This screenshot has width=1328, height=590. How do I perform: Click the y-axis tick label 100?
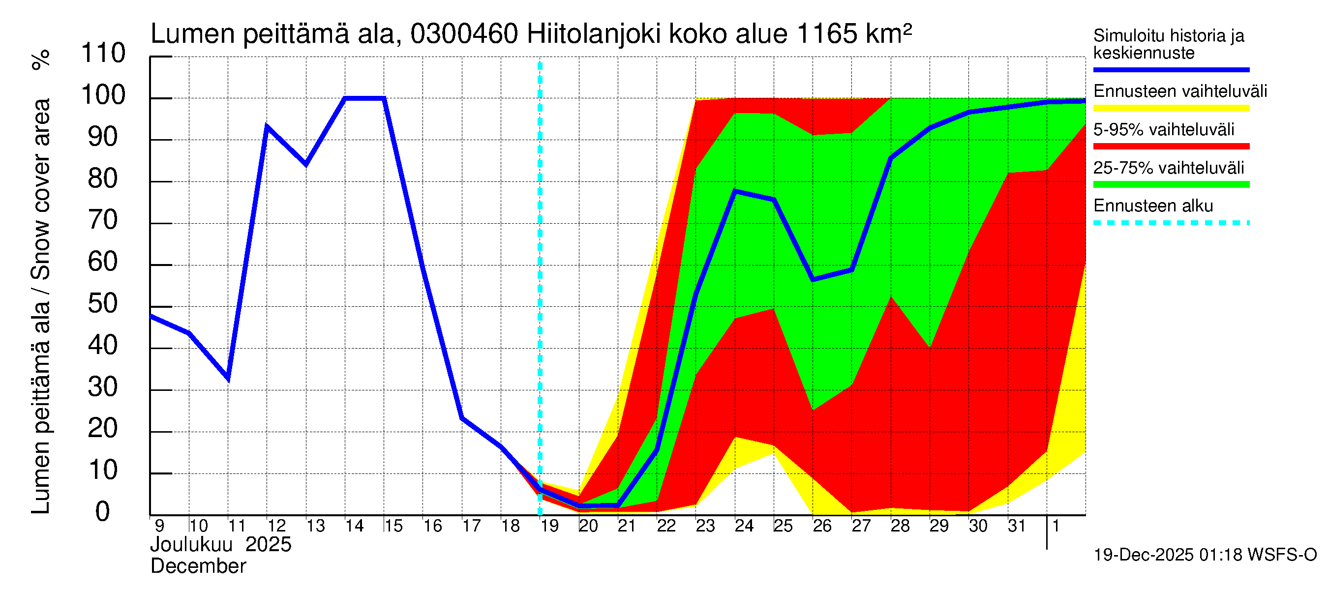[103, 95]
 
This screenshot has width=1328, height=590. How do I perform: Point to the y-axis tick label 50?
[103, 304]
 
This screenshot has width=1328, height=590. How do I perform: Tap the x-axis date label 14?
[354, 526]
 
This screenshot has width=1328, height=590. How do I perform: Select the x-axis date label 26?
[822, 526]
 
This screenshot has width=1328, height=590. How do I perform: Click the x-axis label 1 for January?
[1056, 526]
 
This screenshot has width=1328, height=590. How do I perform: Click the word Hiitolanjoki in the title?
[593, 34]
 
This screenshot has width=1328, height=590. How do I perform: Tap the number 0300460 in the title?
[464, 34]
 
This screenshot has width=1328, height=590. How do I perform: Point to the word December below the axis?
[198, 566]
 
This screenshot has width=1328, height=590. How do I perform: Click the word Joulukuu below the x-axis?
[191, 545]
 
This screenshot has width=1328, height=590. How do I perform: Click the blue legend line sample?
[1171, 69]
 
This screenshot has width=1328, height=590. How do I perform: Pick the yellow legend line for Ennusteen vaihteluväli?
[1171, 108]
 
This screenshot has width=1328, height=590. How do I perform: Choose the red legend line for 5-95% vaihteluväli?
[1171, 147]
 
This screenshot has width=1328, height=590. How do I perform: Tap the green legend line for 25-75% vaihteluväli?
[1171, 184]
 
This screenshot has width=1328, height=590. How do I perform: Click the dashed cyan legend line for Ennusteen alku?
[1171, 223]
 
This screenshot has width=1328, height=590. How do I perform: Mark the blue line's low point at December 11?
[228, 379]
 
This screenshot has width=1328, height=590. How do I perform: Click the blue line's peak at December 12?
[267, 126]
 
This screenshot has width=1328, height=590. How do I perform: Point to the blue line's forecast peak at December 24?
[735, 191]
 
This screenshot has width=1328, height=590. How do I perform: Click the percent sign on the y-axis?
[41, 59]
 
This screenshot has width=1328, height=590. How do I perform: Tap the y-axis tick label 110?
[103, 54]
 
